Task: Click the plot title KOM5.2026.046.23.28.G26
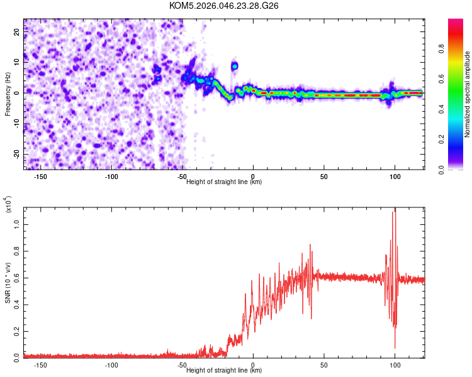pyautogui.click(x=224, y=6)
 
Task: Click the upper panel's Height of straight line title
pyautogui.click(x=224, y=182)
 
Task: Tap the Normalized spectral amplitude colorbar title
pyautogui.click(x=468, y=94)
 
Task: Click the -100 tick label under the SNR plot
pyautogui.click(x=111, y=365)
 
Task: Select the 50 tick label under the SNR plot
pyautogui.click(x=324, y=365)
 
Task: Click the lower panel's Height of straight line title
pyautogui.click(x=224, y=370)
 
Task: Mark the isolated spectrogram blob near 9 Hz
pyautogui.click(x=235, y=65)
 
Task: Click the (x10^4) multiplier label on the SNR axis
pyautogui.click(x=9, y=205)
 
